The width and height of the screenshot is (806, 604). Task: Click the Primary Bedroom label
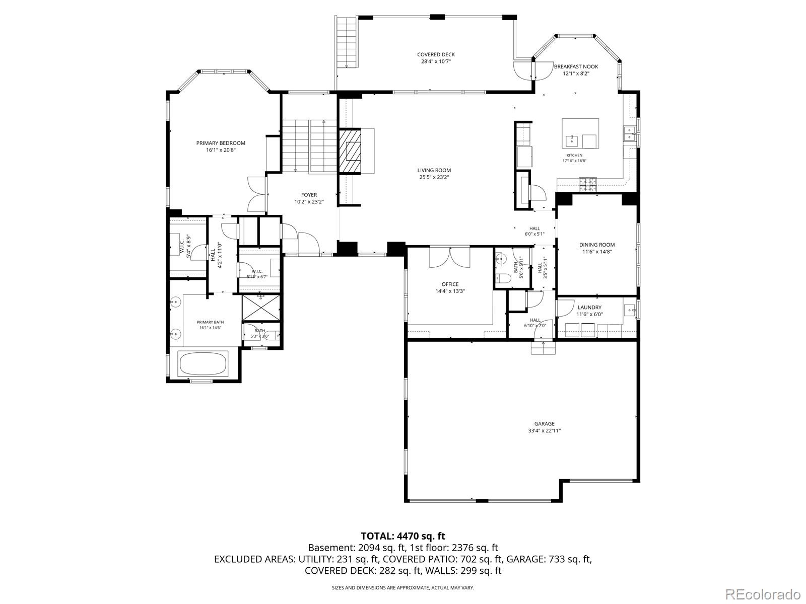click(221, 143)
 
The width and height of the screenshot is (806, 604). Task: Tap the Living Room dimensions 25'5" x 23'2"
click(434, 177)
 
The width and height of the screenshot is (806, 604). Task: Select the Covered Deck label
click(436, 55)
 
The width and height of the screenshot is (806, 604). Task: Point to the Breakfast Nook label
click(576, 66)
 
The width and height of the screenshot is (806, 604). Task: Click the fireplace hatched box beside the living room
click(350, 150)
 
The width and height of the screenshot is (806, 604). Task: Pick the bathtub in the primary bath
click(203, 363)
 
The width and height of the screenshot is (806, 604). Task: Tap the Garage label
click(544, 424)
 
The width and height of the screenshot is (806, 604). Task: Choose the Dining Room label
click(597, 245)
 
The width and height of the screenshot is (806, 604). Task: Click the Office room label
click(450, 284)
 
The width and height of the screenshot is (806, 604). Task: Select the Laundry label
click(590, 308)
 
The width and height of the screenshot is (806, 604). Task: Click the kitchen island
click(580, 133)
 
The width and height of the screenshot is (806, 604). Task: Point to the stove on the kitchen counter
click(588, 184)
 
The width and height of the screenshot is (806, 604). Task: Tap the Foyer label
click(309, 195)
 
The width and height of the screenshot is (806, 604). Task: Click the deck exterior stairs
click(347, 42)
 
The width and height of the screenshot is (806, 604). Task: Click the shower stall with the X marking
click(261, 308)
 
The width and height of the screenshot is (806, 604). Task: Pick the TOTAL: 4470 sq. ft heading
click(403, 536)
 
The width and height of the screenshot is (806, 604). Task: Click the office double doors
click(450, 257)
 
